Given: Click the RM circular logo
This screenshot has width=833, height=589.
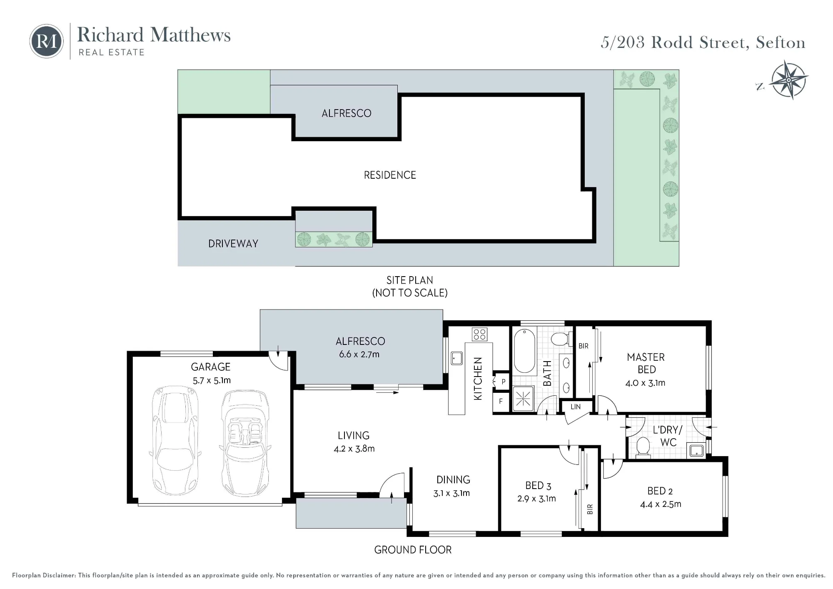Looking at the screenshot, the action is [46, 41].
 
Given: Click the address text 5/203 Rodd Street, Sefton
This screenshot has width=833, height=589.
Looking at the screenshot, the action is [703, 42].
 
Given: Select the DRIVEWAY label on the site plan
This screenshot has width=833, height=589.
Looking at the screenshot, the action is [233, 244].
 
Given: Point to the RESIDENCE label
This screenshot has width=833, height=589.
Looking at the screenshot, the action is [390, 175].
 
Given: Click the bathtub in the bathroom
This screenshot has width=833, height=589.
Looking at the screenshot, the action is [524, 351].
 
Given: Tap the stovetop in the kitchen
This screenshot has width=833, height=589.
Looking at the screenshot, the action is [479, 334].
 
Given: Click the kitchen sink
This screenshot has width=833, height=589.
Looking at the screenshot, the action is [456, 358].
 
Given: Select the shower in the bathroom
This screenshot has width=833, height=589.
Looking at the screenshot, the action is [523, 399].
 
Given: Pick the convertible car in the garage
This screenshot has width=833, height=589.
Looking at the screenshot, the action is [244, 443].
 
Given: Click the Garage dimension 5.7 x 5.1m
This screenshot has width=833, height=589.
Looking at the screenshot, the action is [212, 380].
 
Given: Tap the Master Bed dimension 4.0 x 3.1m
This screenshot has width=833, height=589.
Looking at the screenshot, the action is [645, 383].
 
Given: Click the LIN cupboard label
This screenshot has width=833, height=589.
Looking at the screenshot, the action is [576, 407].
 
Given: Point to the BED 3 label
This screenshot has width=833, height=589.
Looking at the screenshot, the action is [538, 486].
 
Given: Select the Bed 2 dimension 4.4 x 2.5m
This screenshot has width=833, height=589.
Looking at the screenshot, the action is [661, 504].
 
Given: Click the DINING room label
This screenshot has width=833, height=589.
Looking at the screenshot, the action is [453, 480].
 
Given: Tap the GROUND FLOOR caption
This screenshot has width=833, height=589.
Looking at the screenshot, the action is [413, 550].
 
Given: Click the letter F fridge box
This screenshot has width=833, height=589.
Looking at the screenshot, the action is [501, 401].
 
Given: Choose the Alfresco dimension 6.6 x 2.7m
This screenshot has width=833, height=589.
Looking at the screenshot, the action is [359, 354].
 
